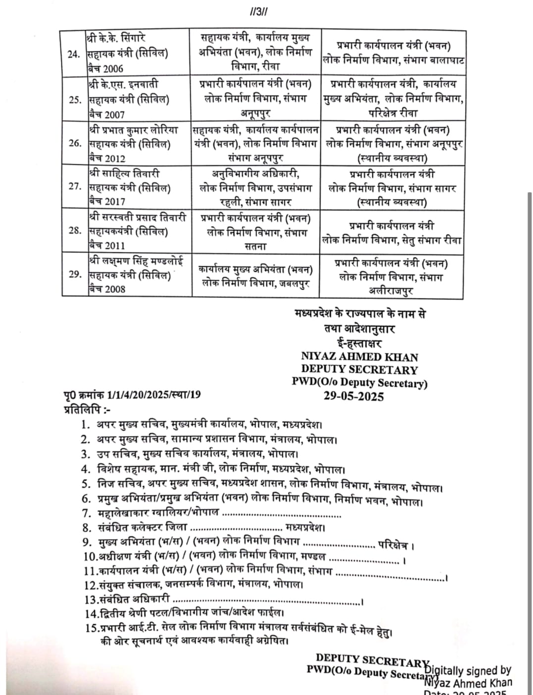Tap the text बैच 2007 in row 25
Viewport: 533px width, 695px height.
(107, 114)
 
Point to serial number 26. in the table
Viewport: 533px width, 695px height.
(74, 144)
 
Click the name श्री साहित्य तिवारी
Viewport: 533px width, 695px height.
(124, 174)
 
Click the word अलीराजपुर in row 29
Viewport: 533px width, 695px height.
(391, 291)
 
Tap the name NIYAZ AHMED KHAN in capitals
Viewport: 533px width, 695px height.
(360, 356)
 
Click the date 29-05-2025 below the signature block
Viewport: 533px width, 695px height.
(354, 396)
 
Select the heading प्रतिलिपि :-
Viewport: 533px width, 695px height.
(87, 410)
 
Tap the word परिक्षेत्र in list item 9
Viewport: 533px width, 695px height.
(393, 546)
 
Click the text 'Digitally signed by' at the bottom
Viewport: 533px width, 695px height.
(468, 671)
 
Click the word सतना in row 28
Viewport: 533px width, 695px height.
(256, 247)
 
